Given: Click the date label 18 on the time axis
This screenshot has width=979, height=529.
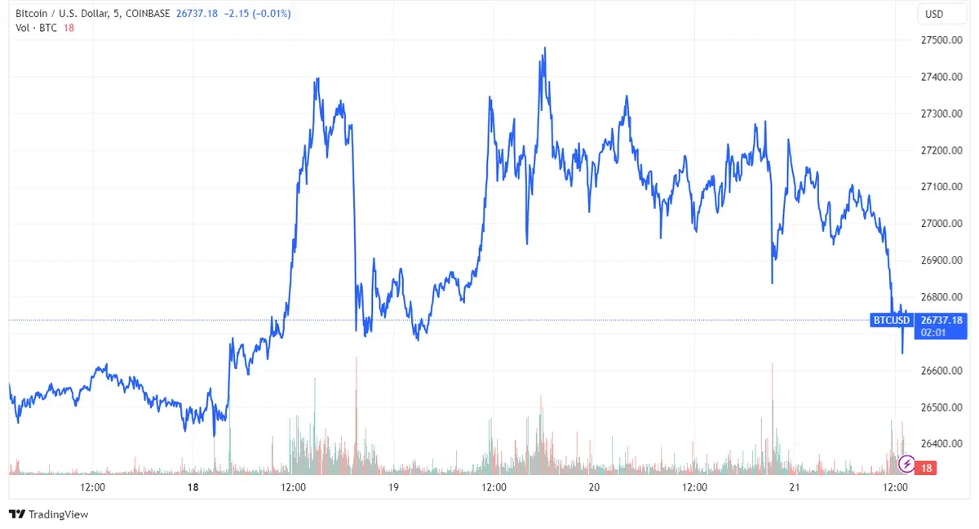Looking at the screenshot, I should pyautogui.click(x=193, y=487).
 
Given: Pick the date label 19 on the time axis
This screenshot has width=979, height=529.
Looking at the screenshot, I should pyautogui.click(x=393, y=487).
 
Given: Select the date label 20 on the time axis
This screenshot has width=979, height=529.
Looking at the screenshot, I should pyautogui.click(x=594, y=487).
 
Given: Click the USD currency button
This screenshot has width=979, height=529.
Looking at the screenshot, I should pyautogui.click(x=933, y=14).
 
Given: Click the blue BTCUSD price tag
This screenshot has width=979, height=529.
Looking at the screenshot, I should pyautogui.click(x=891, y=320).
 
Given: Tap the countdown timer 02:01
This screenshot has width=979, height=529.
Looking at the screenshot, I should pyautogui.click(x=933, y=332).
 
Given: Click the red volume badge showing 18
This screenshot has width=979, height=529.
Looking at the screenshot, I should pyautogui.click(x=926, y=468).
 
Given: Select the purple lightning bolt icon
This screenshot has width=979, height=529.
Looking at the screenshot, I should pyautogui.click(x=906, y=465).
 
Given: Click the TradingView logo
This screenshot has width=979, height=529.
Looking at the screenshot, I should pyautogui.click(x=48, y=514).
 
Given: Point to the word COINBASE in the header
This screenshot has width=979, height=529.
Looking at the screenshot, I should pyautogui.click(x=155, y=14).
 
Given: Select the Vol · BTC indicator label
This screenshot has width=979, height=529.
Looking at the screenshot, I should pyautogui.click(x=37, y=28).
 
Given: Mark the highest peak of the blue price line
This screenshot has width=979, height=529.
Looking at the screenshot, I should pyautogui.click(x=544, y=48).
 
